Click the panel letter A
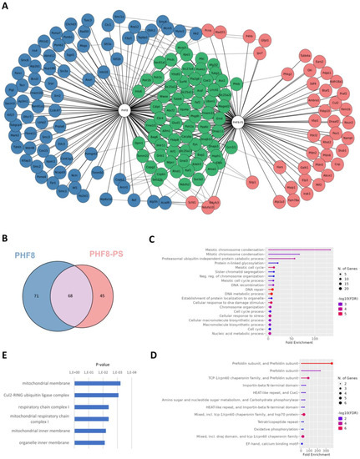click(6, 5)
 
